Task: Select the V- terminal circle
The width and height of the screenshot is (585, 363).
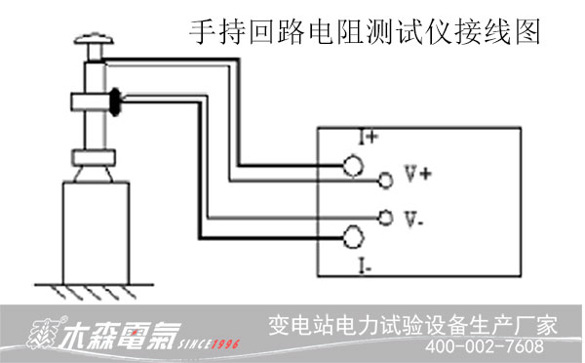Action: pyautogui.click(x=385, y=217)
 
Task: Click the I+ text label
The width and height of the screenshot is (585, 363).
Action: pyautogui.click(x=367, y=138)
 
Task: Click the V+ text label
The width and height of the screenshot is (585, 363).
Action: pyautogui.click(x=417, y=175)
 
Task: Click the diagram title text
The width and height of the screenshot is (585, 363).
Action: pyautogui.click(x=364, y=32)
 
